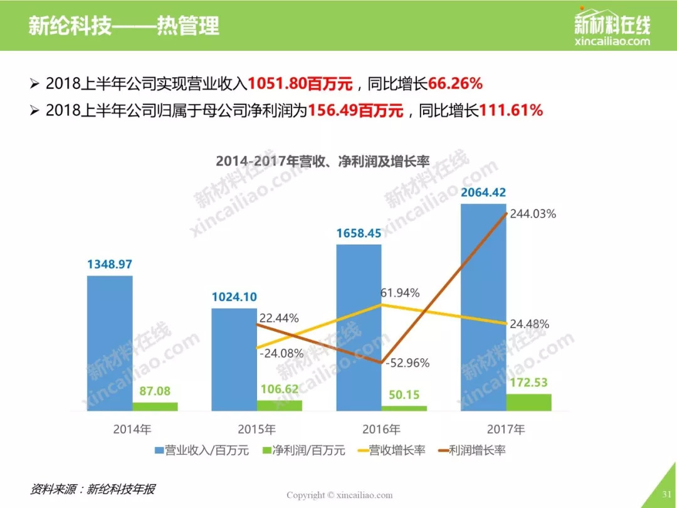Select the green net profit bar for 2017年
528,403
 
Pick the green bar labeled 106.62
279,405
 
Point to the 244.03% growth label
533,214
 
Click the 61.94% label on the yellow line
399,293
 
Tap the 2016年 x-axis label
381,430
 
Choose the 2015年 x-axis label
256,430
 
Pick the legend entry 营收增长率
391,450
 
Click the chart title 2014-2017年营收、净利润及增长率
322,161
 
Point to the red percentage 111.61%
511,111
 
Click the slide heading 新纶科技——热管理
123,26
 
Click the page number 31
665,494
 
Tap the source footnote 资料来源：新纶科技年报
93,489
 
